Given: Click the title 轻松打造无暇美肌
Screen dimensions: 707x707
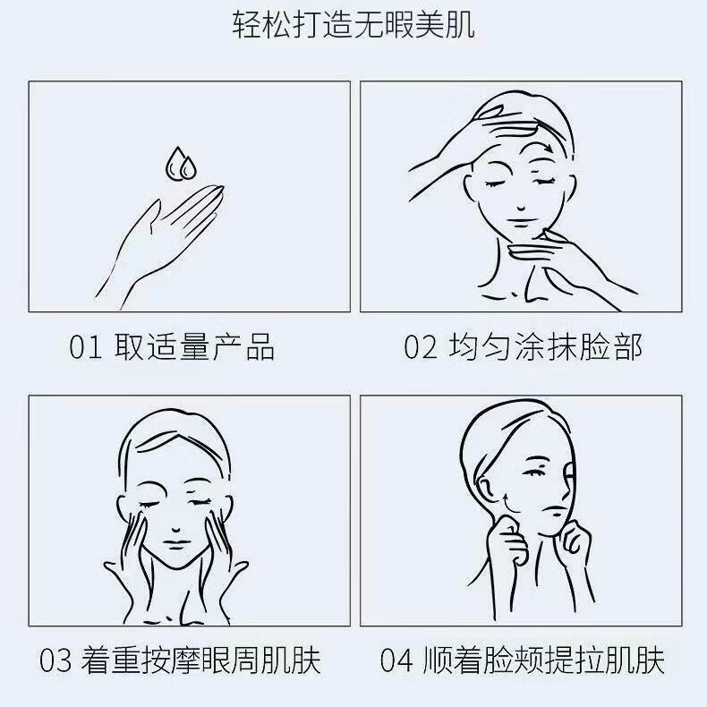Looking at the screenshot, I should click(353, 26).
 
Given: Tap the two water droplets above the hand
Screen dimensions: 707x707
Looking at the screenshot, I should click(181, 163).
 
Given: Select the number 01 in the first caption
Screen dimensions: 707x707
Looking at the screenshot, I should click(86, 347).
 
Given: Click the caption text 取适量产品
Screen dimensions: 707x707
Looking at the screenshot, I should click(194, 347).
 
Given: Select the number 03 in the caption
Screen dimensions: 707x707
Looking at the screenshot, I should click(55, 662).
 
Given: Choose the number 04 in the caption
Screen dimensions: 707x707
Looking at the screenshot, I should click(396, 662).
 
